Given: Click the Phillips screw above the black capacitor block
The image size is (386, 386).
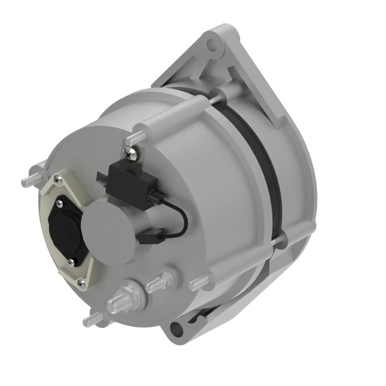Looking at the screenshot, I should [x=130, y=154].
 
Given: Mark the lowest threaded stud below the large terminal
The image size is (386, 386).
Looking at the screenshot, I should [x=93, y=319].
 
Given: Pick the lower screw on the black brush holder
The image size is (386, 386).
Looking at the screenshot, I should [x=71, y=262].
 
